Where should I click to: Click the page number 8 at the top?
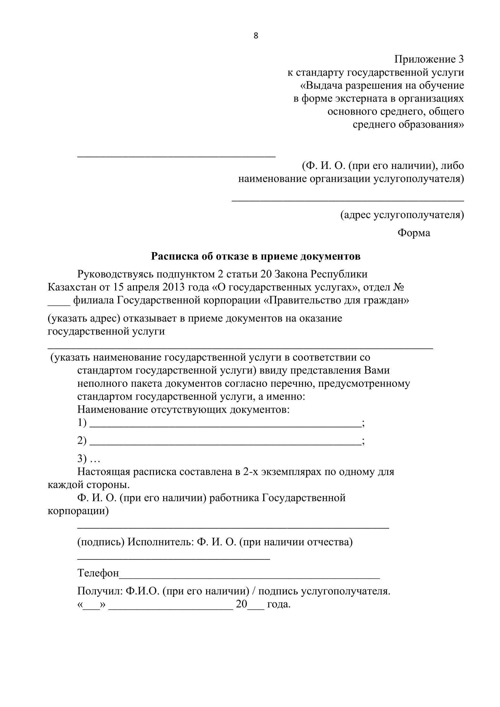coord(255,36)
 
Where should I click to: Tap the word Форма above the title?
coord(414,233)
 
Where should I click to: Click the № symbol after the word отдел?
coord(399,287)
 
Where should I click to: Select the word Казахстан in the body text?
coord(72,287)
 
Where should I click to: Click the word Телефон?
coord(98,573)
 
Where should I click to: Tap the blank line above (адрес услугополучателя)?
coord(348,200)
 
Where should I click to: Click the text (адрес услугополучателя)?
coord(402,215)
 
